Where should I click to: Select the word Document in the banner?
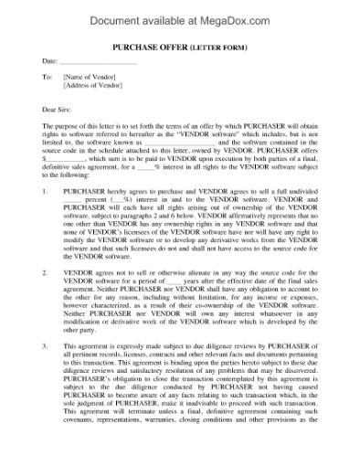pyautogui.click(x=122, y=16)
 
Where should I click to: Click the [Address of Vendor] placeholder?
pyautogui.click(x=97, y=88)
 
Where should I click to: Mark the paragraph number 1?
pyautogui.click(x=46, y=194)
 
